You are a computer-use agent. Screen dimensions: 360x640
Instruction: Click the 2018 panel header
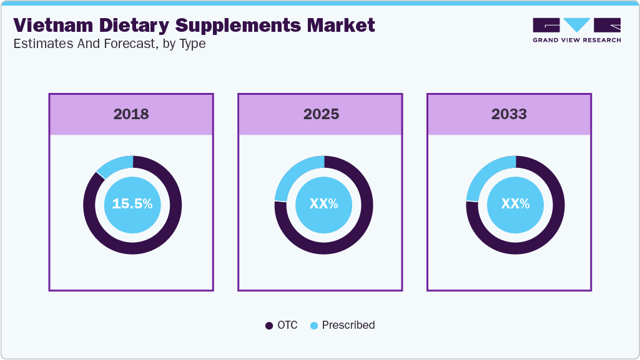tap(131, 114)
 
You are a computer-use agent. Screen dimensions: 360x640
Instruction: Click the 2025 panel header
tap(321, 114)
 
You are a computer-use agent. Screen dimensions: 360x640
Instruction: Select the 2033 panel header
tap(510, 114)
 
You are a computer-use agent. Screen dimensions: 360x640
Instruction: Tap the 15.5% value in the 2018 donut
tap(132, 204)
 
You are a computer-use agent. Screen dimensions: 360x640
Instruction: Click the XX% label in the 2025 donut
tap(323, 204)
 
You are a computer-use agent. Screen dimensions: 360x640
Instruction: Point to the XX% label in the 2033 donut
tap(515, 204)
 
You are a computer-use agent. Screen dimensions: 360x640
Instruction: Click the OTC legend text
tap(288, 325)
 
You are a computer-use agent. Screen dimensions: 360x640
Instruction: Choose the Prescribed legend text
tap(348, 325)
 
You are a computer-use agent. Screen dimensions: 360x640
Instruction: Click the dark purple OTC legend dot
tap(269, 326)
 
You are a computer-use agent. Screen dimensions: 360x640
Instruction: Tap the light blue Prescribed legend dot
tap(314, 326)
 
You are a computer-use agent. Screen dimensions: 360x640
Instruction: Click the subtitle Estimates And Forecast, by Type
tap(109, 44)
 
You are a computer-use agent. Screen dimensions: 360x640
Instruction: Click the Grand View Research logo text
tap(576, 40)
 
